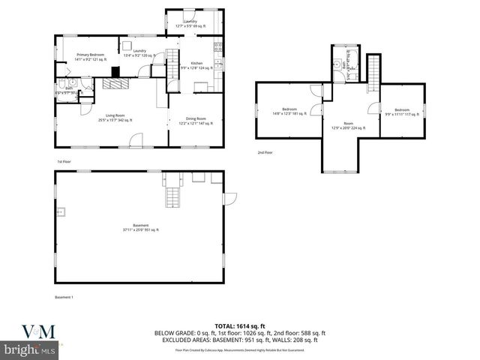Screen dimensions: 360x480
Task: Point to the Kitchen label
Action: click(196, 65)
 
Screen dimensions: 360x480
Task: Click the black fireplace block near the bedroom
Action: click(115, 73)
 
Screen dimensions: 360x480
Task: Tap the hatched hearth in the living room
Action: click(116, 84)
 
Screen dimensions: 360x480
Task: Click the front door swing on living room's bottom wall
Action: click(136, 140)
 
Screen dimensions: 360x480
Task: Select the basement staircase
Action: click(174, 196)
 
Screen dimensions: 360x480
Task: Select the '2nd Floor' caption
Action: click(265, 153)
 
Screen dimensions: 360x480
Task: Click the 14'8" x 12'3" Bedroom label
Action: click(289, 111)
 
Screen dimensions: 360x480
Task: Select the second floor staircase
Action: click(373, 73)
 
